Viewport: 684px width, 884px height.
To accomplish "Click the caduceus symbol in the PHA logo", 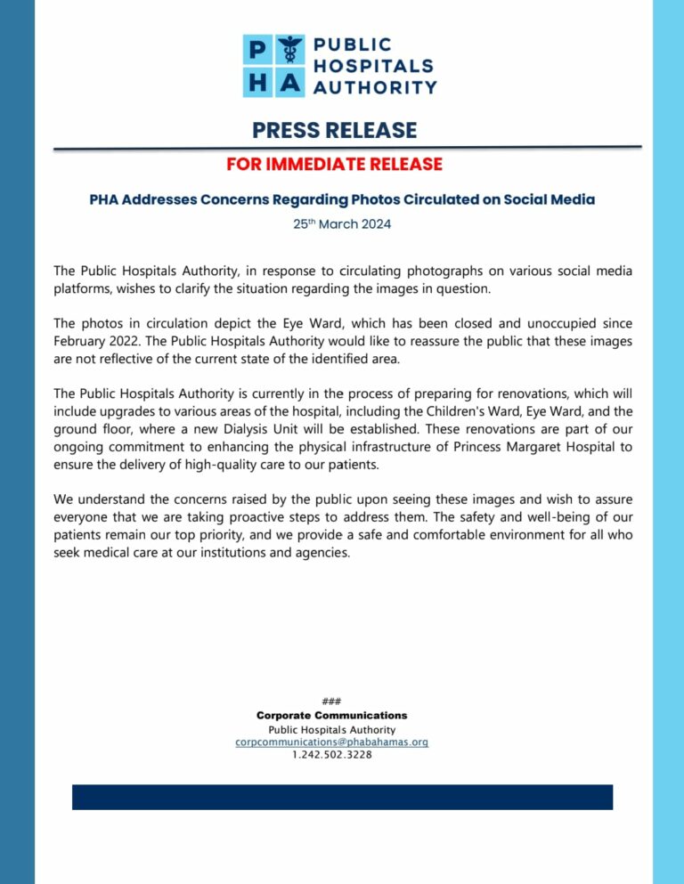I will click(x=290, y=51).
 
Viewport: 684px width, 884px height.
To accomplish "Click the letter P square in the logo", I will click(x=258, y=51).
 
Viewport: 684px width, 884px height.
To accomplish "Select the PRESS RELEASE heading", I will click(x=334, y=130).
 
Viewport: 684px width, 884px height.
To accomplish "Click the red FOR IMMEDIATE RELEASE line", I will click(x=334, y=165).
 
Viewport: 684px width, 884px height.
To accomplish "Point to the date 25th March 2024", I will click(x=342, y=224).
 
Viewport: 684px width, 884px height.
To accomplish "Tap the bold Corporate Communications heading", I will click(x=331, y=715).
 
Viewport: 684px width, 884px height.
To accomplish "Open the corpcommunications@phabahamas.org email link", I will click(x=331, y=742).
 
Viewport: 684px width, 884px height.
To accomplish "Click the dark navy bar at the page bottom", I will click(x=342, y=797).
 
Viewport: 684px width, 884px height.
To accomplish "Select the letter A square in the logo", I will click(x=290, y=83).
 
